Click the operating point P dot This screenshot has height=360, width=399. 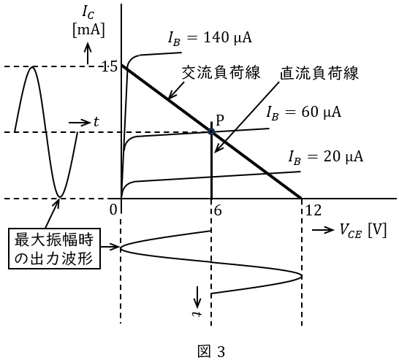[211, 131]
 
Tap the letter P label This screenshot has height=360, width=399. [220, 120]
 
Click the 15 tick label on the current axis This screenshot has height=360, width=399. [109, 67]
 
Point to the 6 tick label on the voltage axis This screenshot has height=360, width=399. [218, 210]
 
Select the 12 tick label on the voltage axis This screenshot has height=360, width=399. [313, 210]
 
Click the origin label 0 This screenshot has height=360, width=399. [113, 210]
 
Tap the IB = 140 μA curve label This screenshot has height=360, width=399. [210, 38]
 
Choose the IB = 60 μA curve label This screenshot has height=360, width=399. [303, 112]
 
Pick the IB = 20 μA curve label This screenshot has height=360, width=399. [326, 157]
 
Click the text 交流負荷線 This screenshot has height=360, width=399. [221, 72]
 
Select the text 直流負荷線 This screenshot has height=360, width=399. [319, 73]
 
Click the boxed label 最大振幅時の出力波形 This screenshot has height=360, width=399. [54, 248]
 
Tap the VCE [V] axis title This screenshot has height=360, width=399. [363, 231]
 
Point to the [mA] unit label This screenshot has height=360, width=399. [88, 31]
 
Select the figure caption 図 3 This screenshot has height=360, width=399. [211, 352]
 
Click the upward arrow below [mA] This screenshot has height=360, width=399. [88, 53]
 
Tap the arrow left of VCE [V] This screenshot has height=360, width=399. [323, 230]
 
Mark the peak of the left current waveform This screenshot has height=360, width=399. [32, 66]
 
